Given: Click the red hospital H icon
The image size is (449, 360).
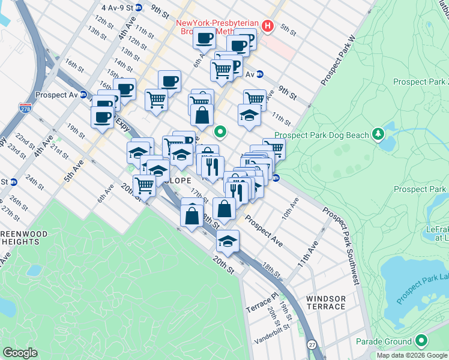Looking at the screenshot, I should coord(268,26).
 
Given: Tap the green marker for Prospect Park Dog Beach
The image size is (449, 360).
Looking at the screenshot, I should coord(378,133).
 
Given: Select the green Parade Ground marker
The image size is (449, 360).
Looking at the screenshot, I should coord(421,341).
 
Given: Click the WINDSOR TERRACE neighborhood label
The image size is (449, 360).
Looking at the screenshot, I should coord(326,302).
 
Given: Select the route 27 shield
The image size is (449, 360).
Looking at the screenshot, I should coord(312,345).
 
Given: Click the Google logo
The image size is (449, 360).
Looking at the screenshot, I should coord(20,353).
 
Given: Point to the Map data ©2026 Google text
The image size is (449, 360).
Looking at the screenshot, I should coord(412,355).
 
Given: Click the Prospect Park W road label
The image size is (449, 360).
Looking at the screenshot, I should coord(339,60).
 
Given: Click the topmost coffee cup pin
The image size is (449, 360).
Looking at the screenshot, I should coord(204,38).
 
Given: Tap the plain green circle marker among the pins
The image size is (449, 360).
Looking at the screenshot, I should coord(221,131).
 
